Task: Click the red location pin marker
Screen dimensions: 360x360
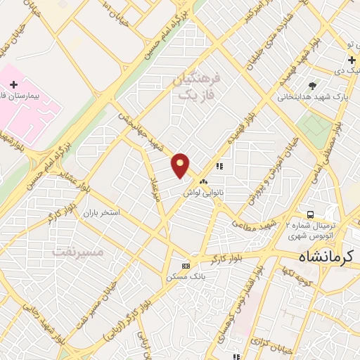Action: tap(181, 165)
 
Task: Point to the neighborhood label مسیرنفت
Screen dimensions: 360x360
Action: tap(78, 251)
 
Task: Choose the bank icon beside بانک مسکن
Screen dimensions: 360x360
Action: tap(186, 266)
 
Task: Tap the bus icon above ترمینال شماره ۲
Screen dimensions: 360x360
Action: tap(309, 214)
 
